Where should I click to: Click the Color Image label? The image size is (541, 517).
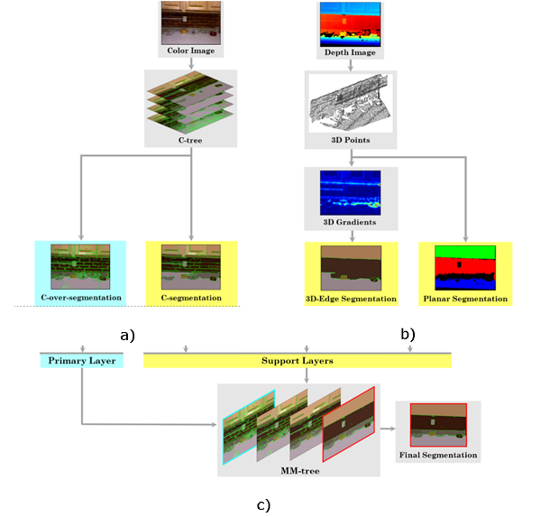(189, 51)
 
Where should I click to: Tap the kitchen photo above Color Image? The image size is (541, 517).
(189, 23)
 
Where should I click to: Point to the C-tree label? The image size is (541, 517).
(189, 140)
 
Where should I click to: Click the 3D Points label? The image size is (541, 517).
(351, 141)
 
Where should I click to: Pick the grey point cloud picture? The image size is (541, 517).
(351, 105)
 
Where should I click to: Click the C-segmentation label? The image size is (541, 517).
(189, 297)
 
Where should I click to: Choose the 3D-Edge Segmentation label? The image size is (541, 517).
(351, 299)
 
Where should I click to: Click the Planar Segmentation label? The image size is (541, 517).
(465, 299)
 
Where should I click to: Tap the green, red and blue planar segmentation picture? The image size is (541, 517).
(465, 267)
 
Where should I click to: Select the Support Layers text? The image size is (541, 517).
(297, 361)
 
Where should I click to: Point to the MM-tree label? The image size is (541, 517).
(298, 468)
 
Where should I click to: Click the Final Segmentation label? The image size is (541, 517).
(438, 455)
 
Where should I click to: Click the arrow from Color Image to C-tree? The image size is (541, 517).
(189, 64)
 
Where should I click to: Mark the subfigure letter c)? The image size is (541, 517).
(263, 503)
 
